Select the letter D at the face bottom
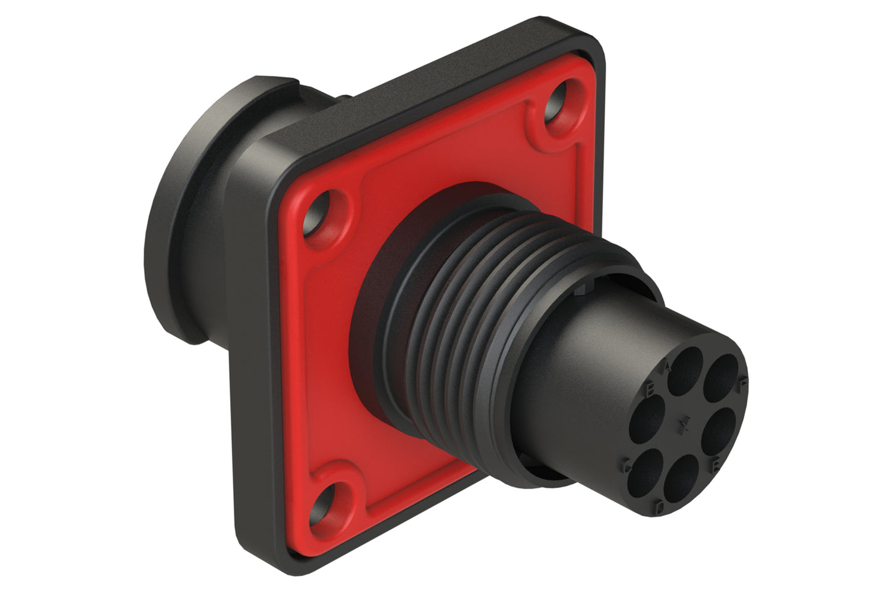click(660, 507)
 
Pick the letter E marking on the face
click(715, 465)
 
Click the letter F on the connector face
click(743, 382)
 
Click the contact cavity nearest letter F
click(721, 378)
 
